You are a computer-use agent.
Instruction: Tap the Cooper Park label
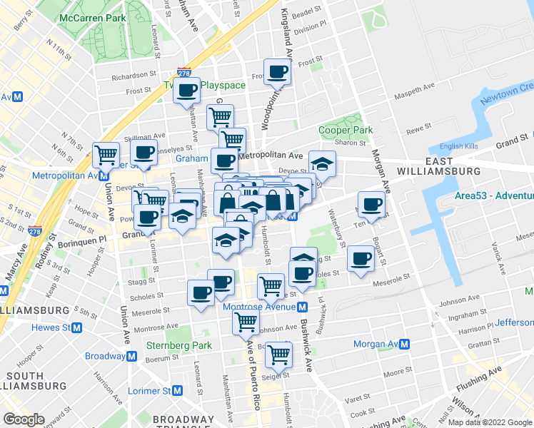click(345, 131)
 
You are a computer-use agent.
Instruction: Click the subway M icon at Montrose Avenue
click(303, 307)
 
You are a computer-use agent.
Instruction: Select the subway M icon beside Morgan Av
click(404, 344)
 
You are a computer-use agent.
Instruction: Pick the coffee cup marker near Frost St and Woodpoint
click(278, 72)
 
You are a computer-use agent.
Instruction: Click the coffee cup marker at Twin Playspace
click(187, 91)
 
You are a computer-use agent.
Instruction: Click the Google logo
click(24, 419)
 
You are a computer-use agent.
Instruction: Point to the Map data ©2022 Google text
click(490, 422)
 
